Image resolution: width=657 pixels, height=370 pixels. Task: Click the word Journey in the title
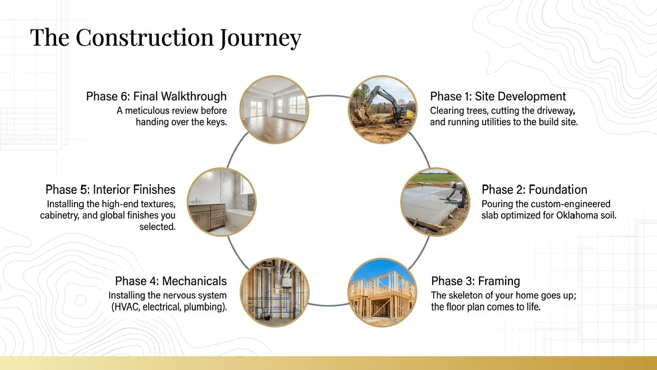260,39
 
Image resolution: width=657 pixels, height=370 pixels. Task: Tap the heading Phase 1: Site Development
498,97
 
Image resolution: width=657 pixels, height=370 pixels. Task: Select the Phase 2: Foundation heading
534,190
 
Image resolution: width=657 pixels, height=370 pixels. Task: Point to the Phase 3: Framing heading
476,281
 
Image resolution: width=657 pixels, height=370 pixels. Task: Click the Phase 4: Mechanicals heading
171,281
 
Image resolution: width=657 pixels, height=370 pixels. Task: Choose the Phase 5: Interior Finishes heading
110,190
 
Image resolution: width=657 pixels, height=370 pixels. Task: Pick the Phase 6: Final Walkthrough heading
156,97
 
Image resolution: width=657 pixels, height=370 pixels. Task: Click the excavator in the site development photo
384,105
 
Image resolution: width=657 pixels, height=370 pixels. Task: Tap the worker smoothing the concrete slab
457,194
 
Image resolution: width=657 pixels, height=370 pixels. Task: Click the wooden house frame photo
382,292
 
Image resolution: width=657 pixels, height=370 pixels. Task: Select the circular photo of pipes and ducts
275,292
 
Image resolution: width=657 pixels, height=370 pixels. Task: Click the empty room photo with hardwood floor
274,110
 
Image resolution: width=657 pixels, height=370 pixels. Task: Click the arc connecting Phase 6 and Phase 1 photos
328,96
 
